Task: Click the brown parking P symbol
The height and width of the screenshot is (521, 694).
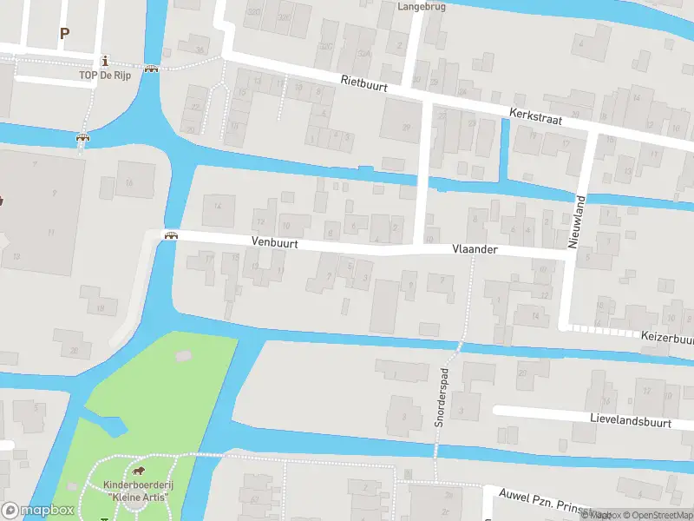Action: (63, 34)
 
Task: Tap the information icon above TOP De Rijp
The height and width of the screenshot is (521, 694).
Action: (106, 61)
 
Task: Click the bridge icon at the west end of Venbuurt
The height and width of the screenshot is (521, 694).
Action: (171, 236)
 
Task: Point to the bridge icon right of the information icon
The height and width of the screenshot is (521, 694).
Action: (152, 69)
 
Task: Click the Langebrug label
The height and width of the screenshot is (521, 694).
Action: (421, 6)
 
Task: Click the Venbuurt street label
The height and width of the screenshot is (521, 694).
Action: (275, 244)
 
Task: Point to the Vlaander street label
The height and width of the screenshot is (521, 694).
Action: (475, 249)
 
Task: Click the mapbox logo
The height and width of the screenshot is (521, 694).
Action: (38, 510)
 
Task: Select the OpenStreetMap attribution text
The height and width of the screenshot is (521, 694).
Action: (654, 515)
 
